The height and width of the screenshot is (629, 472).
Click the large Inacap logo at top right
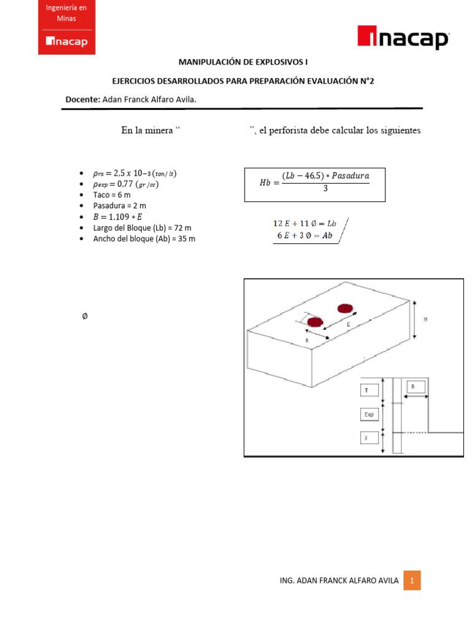click(x=403, y=39)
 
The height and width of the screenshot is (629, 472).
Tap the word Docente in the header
click(x=82, y=99)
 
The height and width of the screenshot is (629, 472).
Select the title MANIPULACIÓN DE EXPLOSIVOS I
click(x=243, y=62)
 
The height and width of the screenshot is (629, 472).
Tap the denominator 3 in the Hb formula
click(x=325, y=189)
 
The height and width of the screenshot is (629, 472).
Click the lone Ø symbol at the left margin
click(x=84, y=316)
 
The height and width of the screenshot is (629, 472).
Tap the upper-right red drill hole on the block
click(x=345, y=308)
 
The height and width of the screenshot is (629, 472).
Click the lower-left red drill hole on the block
click(x=315, y=322)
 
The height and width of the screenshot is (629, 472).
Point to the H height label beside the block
click(x=426, y=319)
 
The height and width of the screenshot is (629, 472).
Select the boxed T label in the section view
click(x=367, y=390)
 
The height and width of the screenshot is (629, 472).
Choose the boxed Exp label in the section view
click(x=369, y=415)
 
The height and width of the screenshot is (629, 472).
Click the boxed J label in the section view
click(x=367, y=439)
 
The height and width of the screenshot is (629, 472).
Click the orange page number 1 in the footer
click(x=412, y=580)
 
